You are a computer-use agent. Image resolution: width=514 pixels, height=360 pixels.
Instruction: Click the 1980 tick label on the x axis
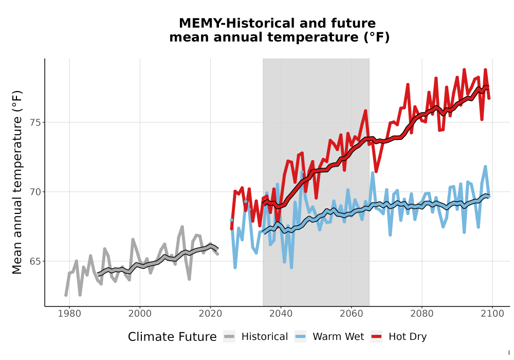pyautogui.click(x=69, y=314)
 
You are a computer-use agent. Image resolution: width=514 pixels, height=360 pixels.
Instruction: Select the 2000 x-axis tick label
pyautogui.click(x=140, y=314)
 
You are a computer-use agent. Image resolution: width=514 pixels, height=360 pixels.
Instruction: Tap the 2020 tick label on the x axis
pyautogui.click(x=210, y=314)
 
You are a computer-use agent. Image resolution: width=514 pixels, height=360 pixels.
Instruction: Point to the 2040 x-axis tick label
pyautogui.click(x=281, y=314)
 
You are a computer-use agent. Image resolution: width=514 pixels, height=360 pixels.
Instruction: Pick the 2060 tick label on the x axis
pyautogui.click(x=352, y=314)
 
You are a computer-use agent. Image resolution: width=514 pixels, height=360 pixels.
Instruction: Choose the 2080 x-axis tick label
pyautogui.click(x=422, y=314)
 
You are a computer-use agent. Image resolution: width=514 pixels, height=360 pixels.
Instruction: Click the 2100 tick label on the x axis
pyautogui.click(x=492, y=314)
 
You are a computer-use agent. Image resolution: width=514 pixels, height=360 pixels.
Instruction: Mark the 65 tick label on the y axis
pyautogui.click(x=35, y=261)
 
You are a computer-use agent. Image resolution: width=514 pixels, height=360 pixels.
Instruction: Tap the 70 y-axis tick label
pyautogui.click(x=35, y=192)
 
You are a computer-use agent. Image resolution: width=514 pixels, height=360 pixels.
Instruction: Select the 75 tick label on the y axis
pyautogui.click(x=35, y=122)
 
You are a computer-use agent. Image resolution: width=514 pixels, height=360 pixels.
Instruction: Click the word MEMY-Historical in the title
pyautogui.click(x=236, y=23)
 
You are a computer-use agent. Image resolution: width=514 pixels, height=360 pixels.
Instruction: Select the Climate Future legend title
pyautogui.click(x=172, y=337)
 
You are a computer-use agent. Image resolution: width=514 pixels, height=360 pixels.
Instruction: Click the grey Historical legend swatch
pyautogui.click(x=229, y=337)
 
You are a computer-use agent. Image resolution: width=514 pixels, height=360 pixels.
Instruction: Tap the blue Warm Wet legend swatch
pyautogui.click(x=300, y=337)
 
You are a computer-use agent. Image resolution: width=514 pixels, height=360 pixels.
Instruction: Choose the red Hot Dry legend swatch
pyautogui.click(x=376, y=337)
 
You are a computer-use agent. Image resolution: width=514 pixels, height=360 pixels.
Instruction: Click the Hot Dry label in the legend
pyautogui.click(x=408, y=337)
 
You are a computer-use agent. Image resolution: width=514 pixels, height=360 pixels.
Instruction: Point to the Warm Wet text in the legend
pyautogui.click(x=338, y=337)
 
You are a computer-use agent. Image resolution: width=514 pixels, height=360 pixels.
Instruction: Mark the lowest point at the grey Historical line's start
pyautogui.click(x=66, y=295)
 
